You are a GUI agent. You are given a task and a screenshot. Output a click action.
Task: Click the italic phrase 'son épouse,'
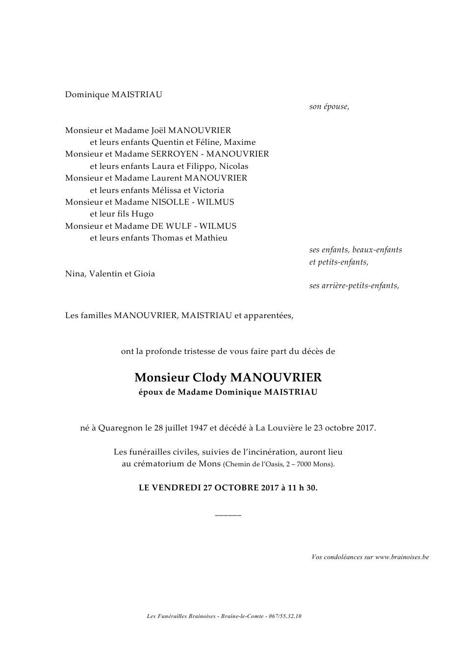[329, 107]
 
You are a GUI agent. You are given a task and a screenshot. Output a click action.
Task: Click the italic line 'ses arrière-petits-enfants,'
[354, 286]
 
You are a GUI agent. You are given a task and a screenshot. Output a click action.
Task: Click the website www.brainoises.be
[402, 557]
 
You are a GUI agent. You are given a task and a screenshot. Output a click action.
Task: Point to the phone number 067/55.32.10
[285, 617]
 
